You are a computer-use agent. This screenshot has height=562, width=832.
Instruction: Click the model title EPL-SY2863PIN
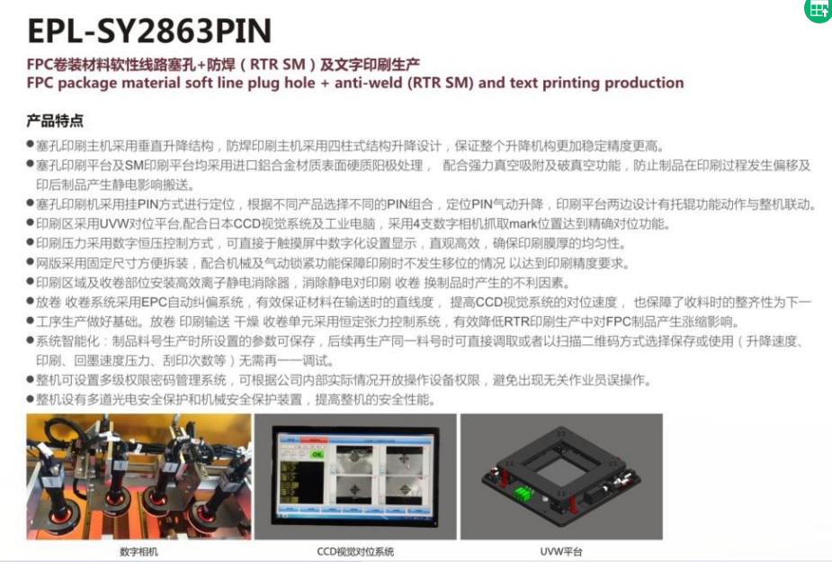149,31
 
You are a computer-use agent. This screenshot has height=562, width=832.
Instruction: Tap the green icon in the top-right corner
819,9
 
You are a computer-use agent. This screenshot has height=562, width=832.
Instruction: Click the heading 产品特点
55,121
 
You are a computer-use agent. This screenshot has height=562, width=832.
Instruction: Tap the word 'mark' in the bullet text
523,223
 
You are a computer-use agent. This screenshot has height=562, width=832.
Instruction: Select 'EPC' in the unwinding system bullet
154,303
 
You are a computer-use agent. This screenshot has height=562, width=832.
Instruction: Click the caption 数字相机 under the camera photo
139,552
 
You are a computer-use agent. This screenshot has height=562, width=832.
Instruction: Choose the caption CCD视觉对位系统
355,552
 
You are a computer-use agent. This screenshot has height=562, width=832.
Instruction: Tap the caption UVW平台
561,552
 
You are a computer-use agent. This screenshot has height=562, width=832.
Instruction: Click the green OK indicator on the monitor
317,454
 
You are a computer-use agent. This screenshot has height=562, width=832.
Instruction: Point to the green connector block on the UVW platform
523,493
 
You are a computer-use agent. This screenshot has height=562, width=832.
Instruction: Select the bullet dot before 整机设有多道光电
31,399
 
